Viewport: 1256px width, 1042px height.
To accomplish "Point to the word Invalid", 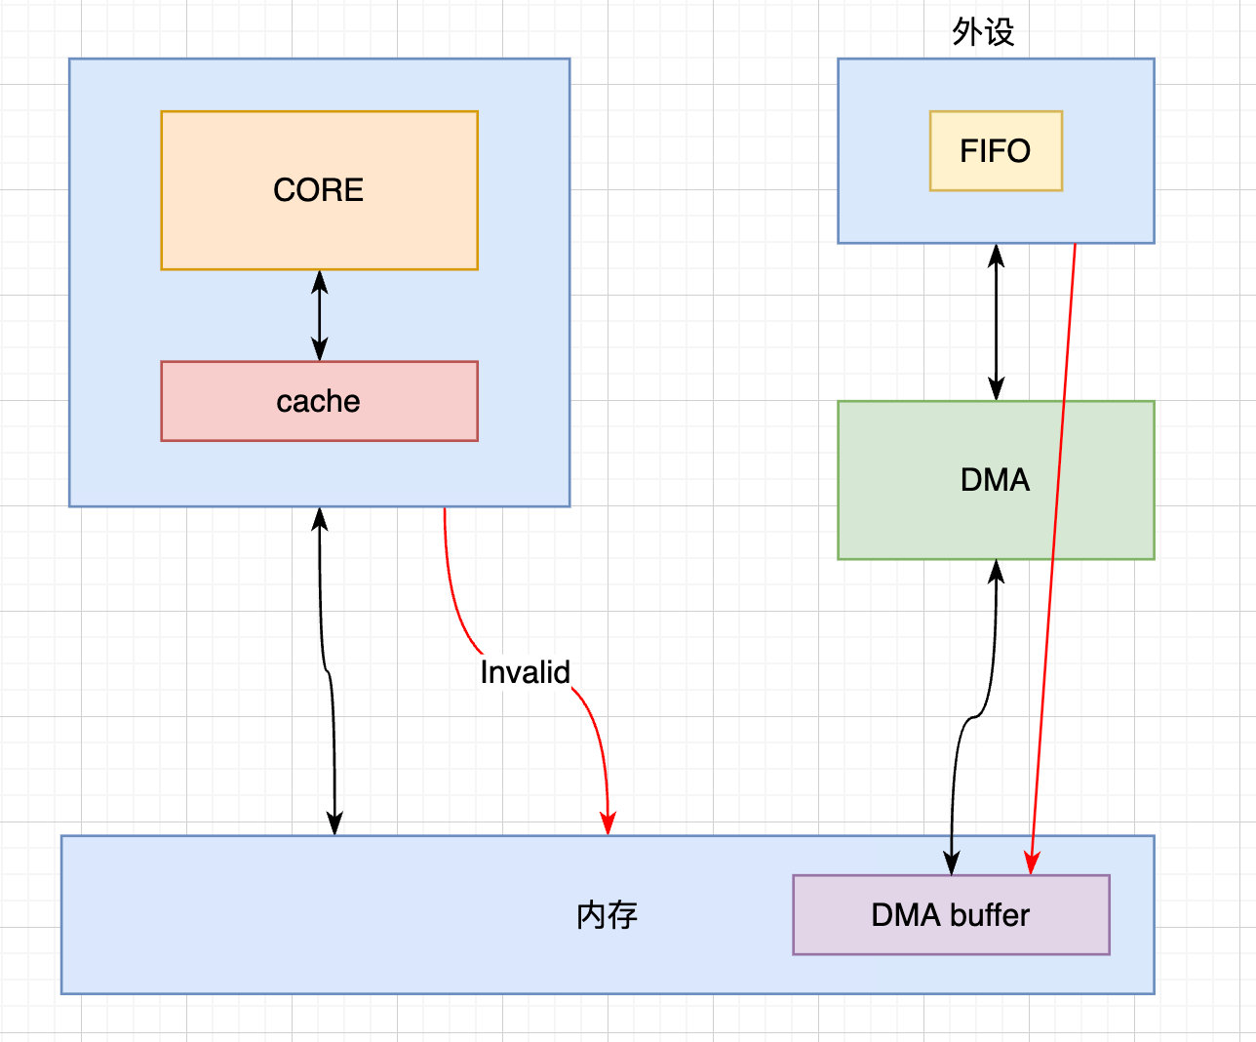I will pos(525,672).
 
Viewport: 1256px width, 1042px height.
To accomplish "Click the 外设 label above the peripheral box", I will pos(983,32).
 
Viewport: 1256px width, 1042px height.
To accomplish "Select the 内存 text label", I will pos(607,915).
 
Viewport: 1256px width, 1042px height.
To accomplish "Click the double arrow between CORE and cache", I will pos(319,315).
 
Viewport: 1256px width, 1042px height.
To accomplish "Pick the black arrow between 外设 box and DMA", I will pos(996,322).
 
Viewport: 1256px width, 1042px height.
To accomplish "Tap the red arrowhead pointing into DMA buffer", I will pos(1031,862).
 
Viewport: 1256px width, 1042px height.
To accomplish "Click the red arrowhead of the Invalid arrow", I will pos(608,823).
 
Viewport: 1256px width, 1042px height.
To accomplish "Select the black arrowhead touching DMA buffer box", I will pos(951,862).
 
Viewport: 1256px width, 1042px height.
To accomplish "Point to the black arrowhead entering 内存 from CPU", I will pos(334,823).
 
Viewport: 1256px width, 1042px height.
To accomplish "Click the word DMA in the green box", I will pos(995,480).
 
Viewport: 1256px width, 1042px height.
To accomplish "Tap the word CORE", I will pos(318,189).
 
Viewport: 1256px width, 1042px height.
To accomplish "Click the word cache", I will pos(318,401).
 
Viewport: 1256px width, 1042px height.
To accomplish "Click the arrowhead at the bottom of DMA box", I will pos(996,572).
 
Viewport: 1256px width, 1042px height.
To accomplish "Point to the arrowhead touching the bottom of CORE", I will pos(319,282).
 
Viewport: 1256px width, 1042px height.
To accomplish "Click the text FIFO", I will pos(995,150).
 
